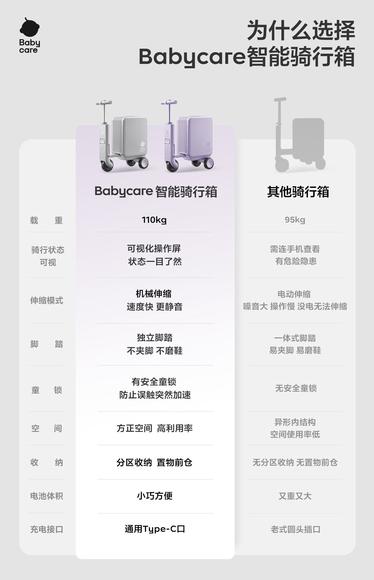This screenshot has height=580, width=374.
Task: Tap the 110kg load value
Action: [x=154, y=220]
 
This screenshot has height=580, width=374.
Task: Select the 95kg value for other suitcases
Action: [x=295, y=220]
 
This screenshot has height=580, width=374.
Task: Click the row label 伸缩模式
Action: [x=46, y=301]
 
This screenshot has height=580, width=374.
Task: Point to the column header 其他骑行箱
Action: [x=298, y=192]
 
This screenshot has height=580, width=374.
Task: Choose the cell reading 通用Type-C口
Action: [x=155, y=529]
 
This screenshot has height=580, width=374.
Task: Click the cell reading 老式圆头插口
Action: [x=295, y=529]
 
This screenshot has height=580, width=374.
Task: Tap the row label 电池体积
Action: [x=46, y=496]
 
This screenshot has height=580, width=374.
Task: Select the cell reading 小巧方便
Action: [x=155, y=496]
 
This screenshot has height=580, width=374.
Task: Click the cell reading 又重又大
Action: [x=295, y=496]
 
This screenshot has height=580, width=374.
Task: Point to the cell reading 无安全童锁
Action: [x=296, y=388]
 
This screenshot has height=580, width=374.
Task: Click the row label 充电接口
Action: [x=46, y=529]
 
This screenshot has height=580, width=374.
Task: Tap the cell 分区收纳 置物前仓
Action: [x=155, y=463]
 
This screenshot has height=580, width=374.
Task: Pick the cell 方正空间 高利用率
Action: [x=155, y=428]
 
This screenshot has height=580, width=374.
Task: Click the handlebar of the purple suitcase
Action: [x=169, y=102]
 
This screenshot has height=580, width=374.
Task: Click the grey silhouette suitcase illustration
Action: [x=299, y=137]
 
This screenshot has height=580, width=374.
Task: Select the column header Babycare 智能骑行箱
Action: [x=156, y=192]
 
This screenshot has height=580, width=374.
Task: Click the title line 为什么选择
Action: [x=301, y=31]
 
